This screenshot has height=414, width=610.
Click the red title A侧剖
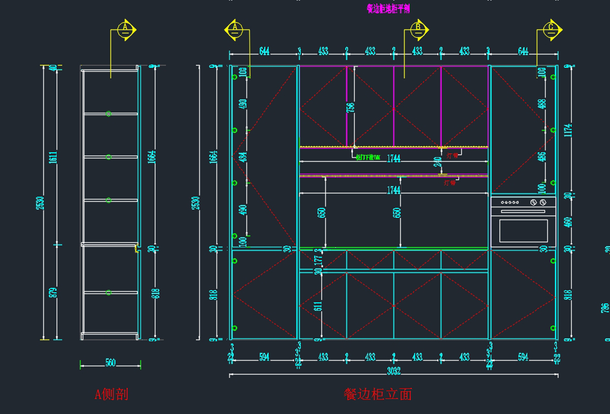[111, 394]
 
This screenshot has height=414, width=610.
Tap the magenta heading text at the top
[388, 9]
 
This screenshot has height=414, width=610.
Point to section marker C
[551, 30]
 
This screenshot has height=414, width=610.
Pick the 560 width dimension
[110, 363]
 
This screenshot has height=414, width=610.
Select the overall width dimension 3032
[393, 371]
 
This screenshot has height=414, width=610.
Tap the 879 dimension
[53, 292]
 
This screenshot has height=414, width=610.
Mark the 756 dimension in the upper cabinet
[350, 108]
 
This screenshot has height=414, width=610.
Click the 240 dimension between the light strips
[437, 162]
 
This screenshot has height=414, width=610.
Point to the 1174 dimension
[568, 131]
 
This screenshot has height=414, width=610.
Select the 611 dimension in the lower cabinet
[318, 306]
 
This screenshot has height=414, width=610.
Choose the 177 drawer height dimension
[318, 260]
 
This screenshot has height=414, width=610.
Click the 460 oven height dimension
[568, 223]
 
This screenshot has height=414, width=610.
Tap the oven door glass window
[523, 230]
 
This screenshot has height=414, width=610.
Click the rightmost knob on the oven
[543, 203]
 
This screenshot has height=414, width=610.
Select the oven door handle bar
[523, 211]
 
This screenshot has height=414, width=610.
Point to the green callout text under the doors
[368, 158]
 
